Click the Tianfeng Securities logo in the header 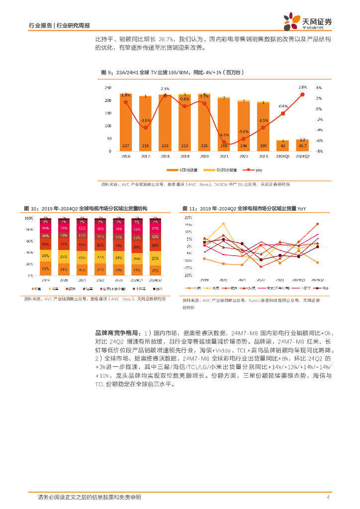click(308, 21)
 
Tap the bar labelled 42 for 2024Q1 click(283, 146)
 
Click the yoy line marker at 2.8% click(302, 94)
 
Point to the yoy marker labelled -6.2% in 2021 click(224, 142)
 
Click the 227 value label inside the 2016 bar click(125, 146)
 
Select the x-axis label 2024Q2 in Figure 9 click(302, 156)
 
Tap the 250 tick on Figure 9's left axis click(107, 87)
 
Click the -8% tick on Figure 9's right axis click(320, 151)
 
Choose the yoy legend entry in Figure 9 click(257, 170)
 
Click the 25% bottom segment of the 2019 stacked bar click(45, 269)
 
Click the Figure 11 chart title click(244, 209)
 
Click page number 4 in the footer click(328, 497)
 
